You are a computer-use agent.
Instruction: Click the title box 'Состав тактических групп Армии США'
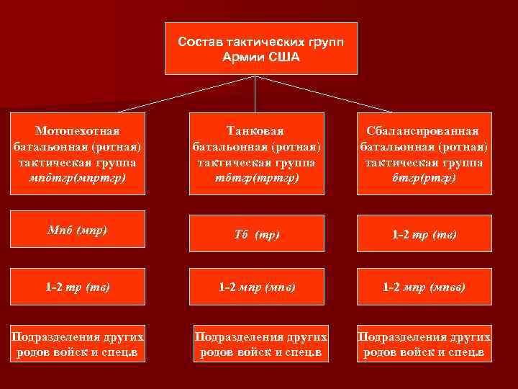260,48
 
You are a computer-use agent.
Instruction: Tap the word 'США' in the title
285,56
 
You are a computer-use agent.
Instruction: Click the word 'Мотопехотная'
78,131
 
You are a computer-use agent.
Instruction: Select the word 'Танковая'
255,131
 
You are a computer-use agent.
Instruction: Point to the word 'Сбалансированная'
424,131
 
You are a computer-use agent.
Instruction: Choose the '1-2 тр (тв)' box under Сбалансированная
424,234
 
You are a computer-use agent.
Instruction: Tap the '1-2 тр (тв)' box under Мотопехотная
78,287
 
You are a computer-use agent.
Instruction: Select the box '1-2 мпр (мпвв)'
424,287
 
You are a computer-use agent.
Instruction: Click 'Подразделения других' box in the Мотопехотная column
78,345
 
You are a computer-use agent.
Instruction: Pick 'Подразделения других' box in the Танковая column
260,345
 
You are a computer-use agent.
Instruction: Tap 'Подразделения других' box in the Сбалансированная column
424,345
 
